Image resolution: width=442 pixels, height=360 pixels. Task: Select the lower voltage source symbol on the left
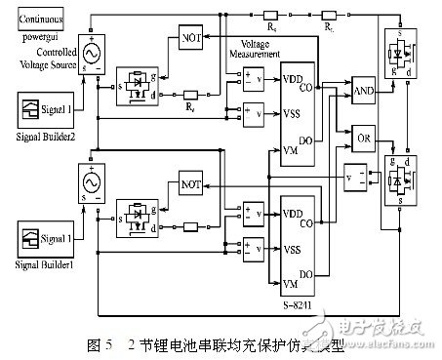click(x=97, y=183)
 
